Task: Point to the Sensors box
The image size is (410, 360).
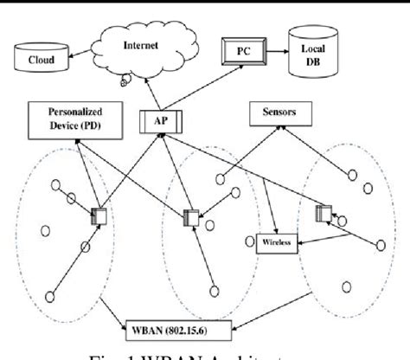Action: (x=277, y=113)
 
